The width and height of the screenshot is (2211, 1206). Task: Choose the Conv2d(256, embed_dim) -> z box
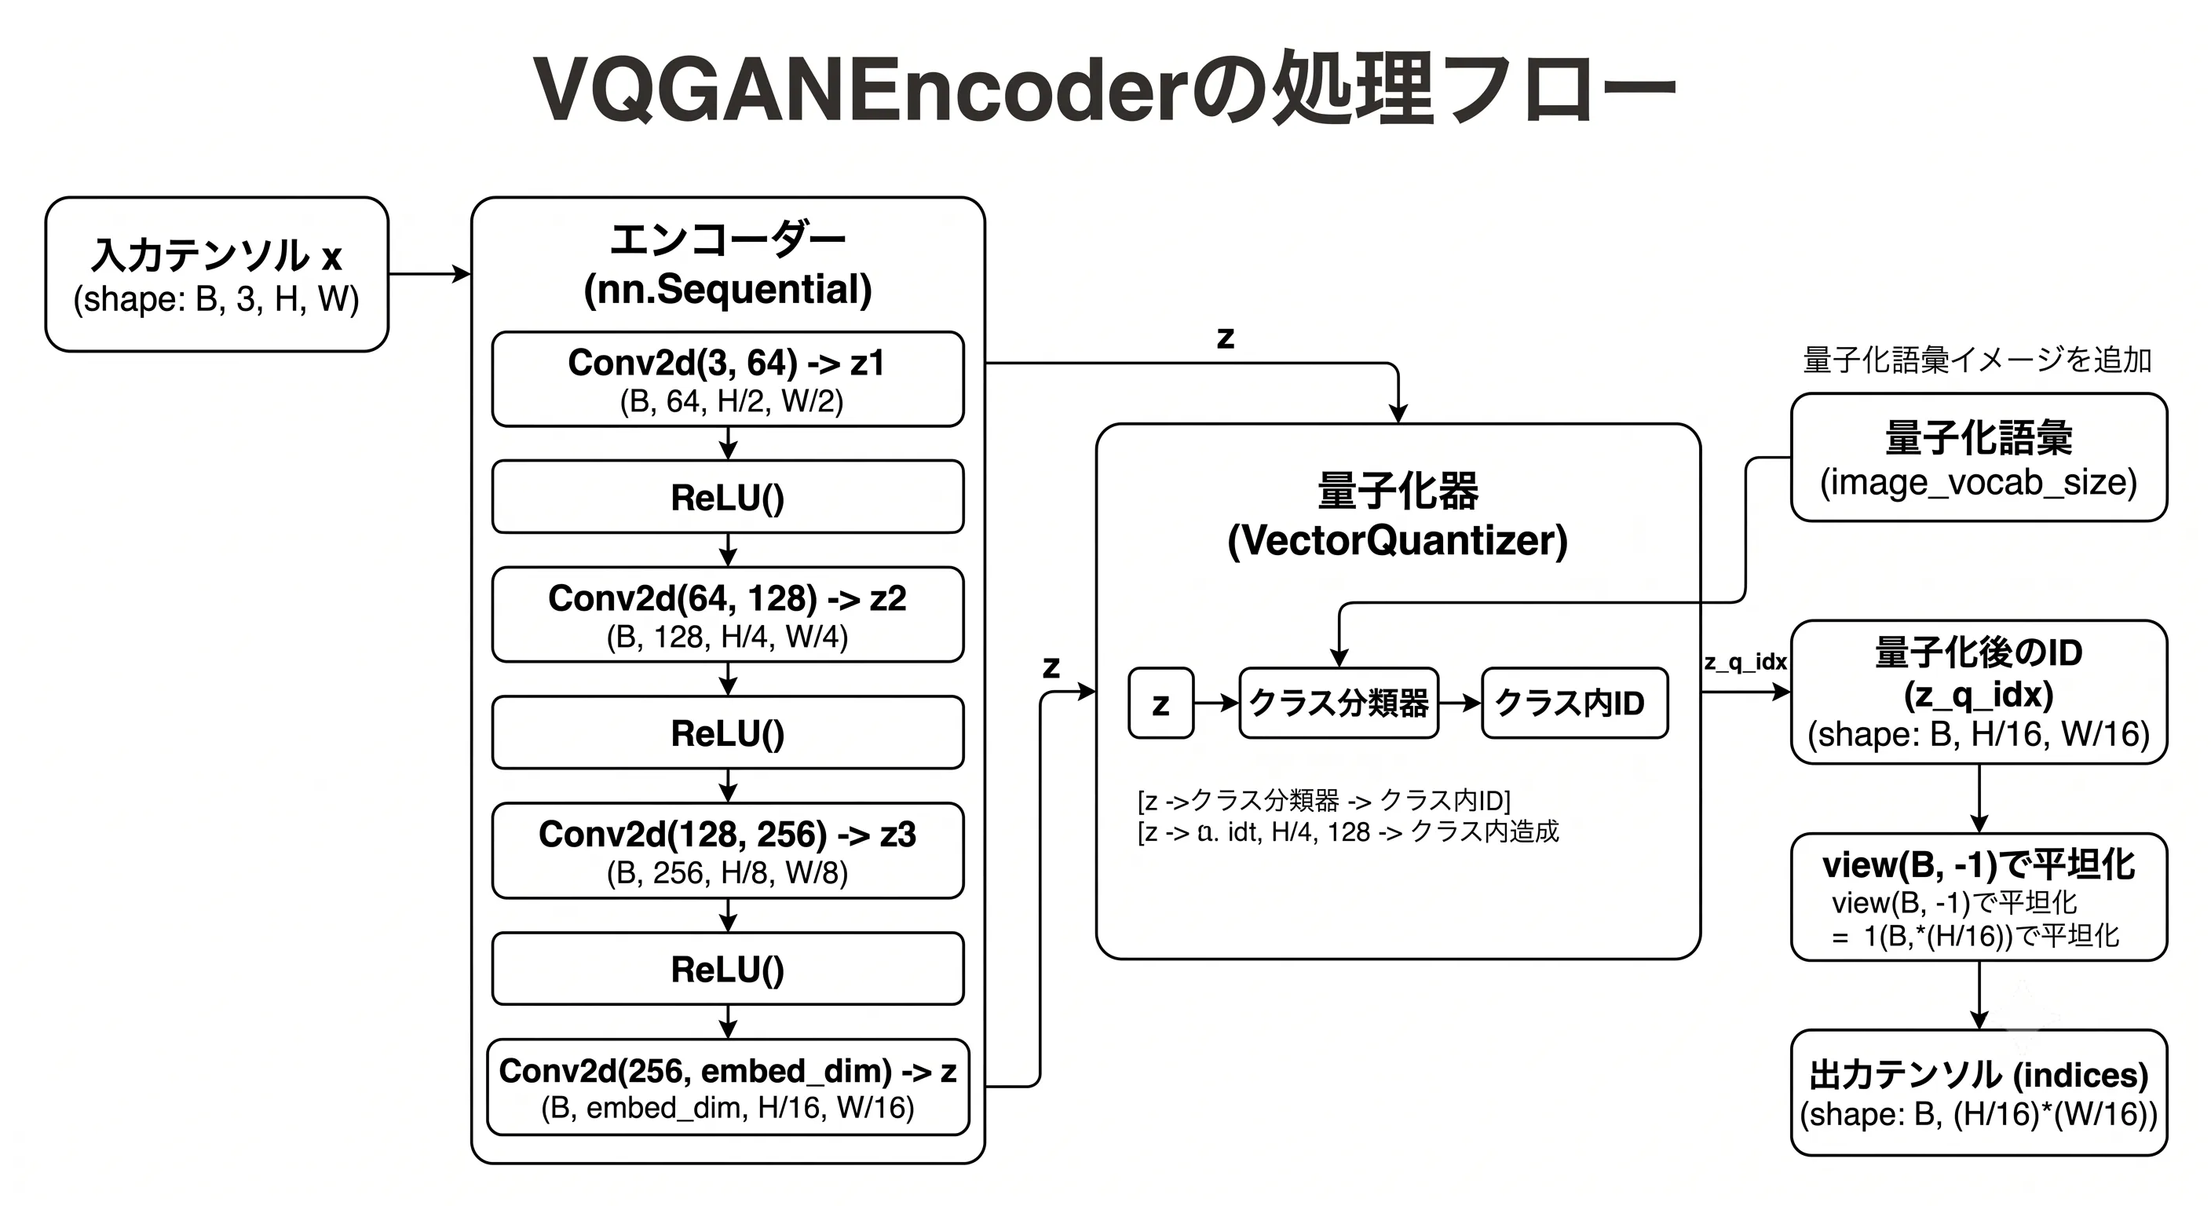pyautogui.click(x=728, y=1087)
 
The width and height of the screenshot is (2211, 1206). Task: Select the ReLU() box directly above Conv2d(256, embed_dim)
pyautogui.click(x=728, y=969)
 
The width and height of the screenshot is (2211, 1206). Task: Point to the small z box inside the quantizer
pyautogui.click(x=1161, y=703)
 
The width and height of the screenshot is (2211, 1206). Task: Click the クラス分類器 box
pyautogui.click(x=1339, y=703)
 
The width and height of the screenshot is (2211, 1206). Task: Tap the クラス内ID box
pyautogui.click(x=1575, y=703)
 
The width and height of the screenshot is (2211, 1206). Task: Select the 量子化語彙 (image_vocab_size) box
pyautogui.click(x=1979, y=458)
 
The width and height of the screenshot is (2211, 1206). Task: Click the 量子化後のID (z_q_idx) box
pyautogui.click(x=1979, y=693)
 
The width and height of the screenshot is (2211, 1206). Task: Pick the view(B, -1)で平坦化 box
pyautogui.click(x=1979, y=897)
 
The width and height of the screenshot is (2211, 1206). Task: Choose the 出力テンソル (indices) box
pyautogui.click(x=1979, y=1093)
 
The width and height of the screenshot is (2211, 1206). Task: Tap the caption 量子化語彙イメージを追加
pyautogui.click(x=1978, y=360)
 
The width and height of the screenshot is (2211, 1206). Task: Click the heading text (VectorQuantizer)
pyautogui.click(x=1398, y=541)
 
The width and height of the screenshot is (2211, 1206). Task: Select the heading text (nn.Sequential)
pyautogui.click(x=728, y=289)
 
